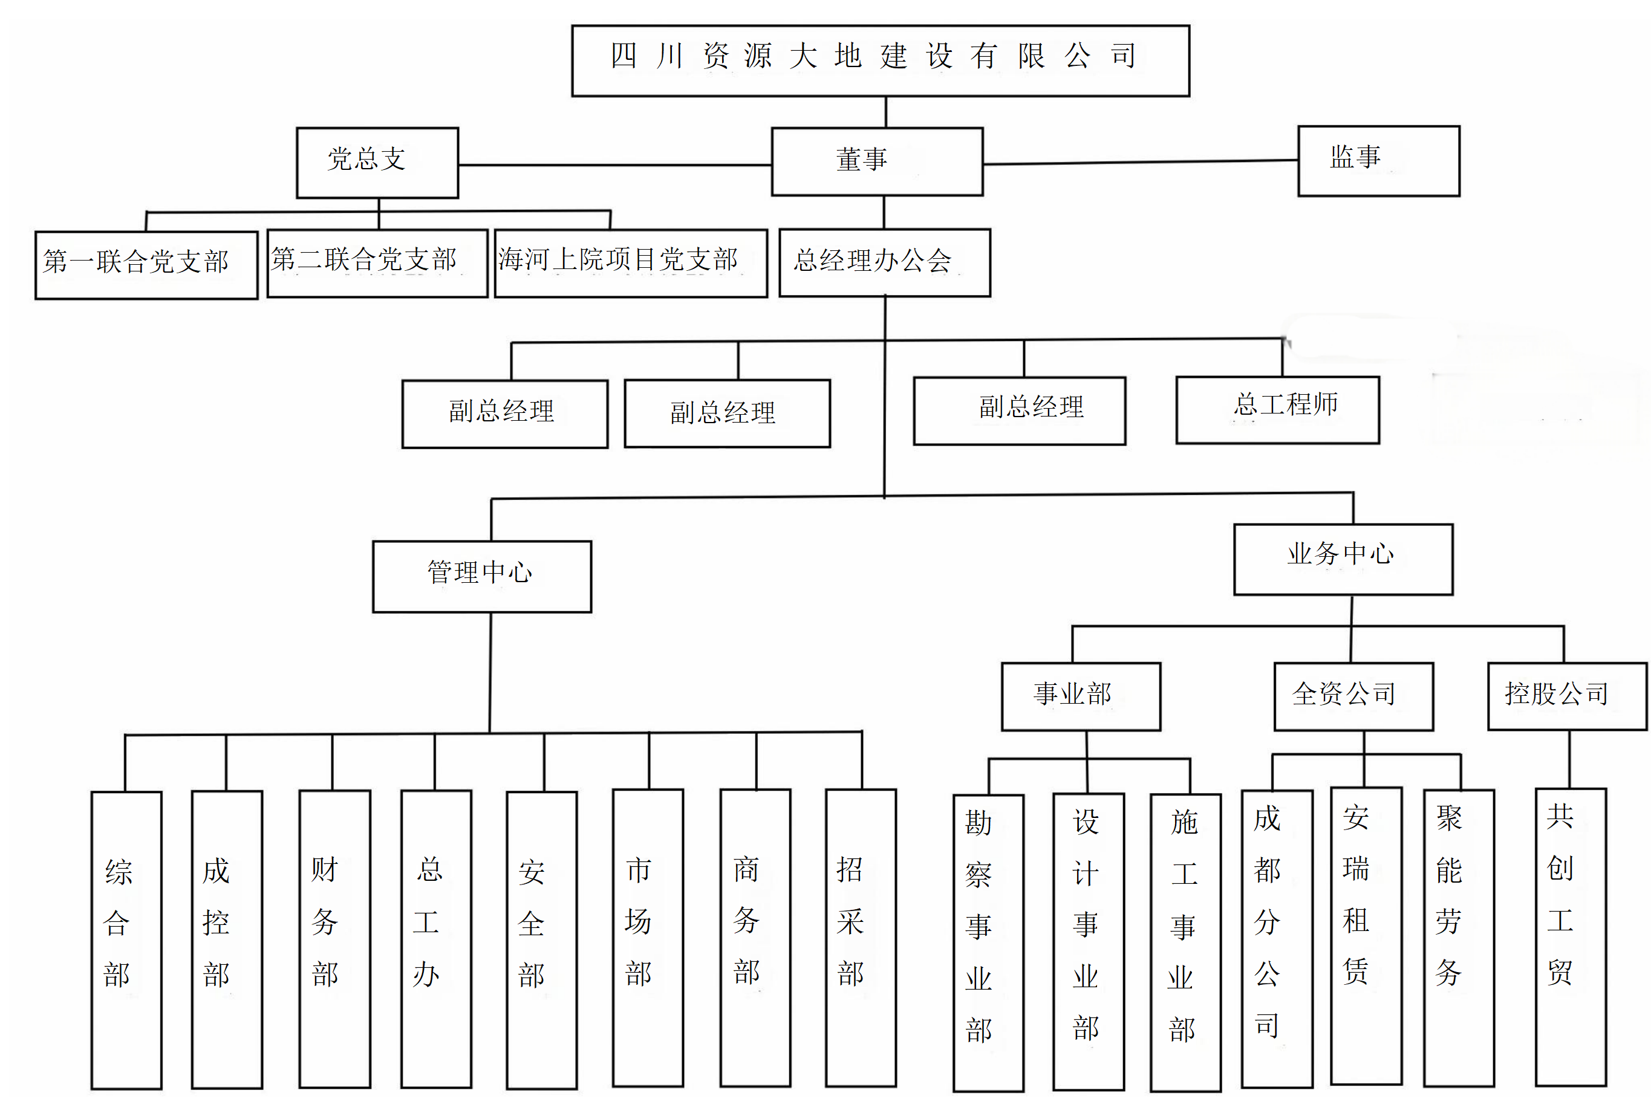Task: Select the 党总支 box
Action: click(x=377, y=163)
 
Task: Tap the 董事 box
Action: click(x=877, y=161)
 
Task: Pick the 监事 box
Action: click(x=1378, y=161)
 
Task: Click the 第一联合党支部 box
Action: click(x=146, y=265)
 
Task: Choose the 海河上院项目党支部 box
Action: click(x=630, y=263)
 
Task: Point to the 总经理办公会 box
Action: click(x=884, y=262)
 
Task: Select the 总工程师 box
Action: click(x=1277, y=410)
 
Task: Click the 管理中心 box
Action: click(x=481, y=576)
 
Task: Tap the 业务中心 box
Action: click(x=1343, y=559)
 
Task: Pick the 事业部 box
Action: click(x=1081, y=696)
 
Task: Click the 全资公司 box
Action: click(x=1353, y=696)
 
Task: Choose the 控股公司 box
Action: click(x=1566, y=696)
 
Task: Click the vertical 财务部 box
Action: click(x=334, y=938)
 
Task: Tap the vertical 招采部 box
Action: click(x=861, y=937)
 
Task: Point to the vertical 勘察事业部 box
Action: click(x=988, y=942)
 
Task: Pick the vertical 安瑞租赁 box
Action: click(x=1366, y=936)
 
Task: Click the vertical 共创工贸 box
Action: click(x=1570, y=936)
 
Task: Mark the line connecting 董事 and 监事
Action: click(x=1140, y=163)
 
